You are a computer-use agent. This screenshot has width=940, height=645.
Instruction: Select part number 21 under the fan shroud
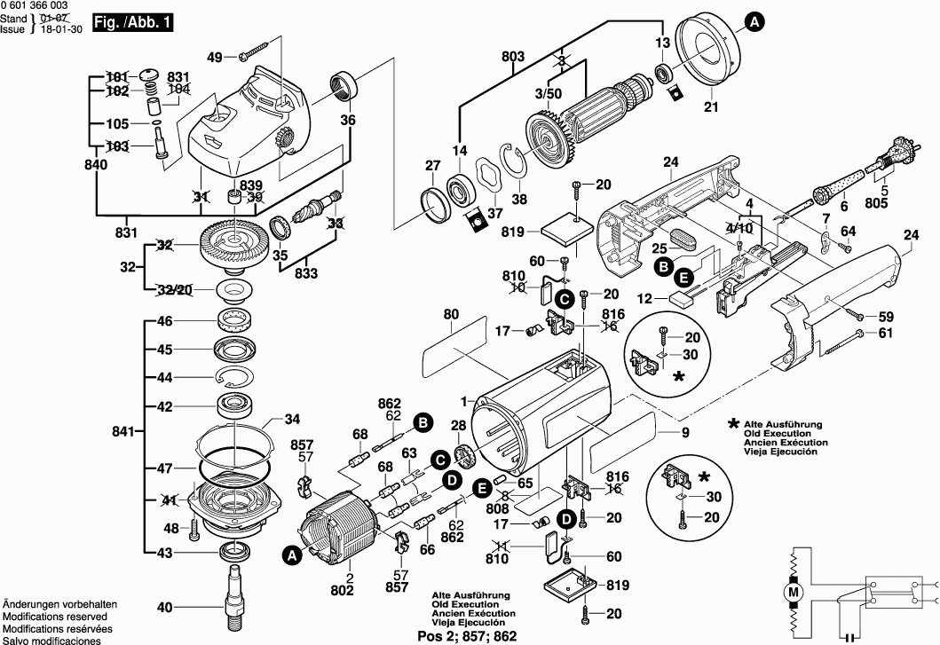[709, 107]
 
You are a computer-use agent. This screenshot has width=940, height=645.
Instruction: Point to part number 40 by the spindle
[165, 608]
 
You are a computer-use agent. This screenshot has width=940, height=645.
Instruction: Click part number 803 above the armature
[513, 57]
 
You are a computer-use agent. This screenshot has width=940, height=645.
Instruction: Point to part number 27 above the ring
[432, 165]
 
